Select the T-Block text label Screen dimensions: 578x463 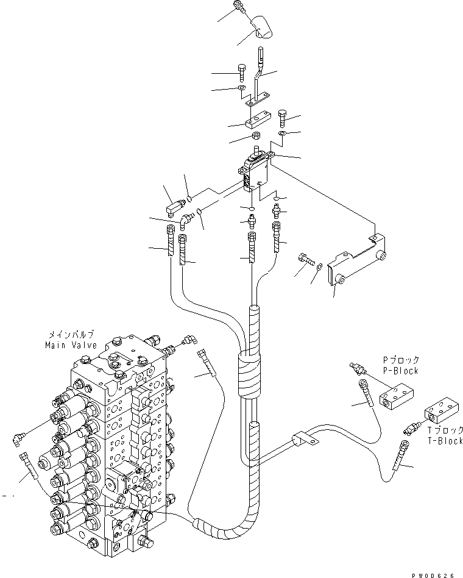[x=446, y=441]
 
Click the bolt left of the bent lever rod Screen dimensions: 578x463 [x=242, y=71]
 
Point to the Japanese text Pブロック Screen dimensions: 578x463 [x=401, y=361]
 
